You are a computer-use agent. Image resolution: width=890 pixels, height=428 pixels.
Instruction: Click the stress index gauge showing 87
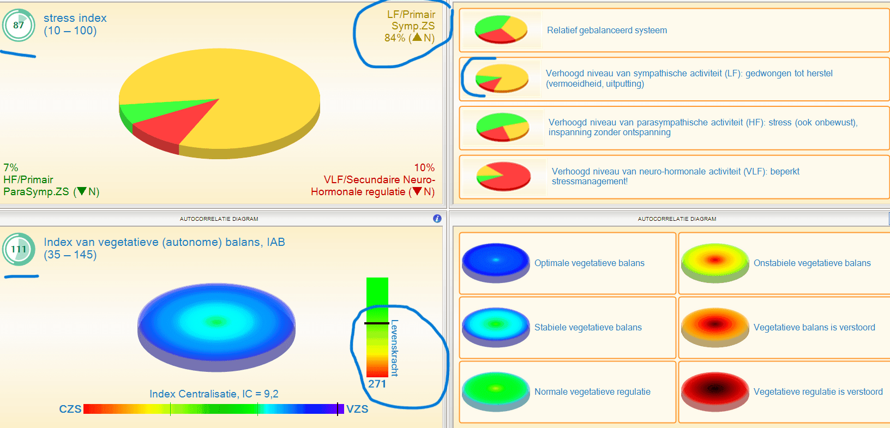[19, 25]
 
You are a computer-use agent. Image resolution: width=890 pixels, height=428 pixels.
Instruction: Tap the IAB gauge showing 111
[19, 249]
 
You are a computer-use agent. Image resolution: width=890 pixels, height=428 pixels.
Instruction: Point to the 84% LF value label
[394, 38]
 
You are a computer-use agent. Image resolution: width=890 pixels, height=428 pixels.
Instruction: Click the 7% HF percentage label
[11, 167]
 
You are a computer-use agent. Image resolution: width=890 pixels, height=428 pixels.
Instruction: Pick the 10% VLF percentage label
[424, 167]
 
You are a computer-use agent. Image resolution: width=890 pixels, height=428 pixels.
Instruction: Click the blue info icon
[437, 219]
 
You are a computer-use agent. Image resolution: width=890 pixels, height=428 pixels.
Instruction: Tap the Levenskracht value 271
[377, 384]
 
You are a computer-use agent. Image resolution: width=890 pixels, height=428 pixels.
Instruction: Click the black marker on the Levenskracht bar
[377, 323]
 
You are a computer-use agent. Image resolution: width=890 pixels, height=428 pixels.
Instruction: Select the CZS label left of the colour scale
[70, 409]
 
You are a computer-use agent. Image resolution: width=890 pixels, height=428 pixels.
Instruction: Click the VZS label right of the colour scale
[357, 409]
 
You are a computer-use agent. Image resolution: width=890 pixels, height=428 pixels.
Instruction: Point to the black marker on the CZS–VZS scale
[338, 409]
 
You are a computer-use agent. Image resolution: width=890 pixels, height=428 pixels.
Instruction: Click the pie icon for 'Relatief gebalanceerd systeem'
[501, 29]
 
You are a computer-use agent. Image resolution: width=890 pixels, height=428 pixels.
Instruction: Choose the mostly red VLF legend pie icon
[503, 177]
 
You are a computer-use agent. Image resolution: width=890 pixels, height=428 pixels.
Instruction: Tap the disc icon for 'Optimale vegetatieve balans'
[496, 263]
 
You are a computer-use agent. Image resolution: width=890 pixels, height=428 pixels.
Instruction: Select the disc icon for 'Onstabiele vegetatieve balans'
[715, 263]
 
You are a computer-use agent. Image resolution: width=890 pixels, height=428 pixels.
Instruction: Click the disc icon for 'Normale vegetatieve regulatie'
[496, 391]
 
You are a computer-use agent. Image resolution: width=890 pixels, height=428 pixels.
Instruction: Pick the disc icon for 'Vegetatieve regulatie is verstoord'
[715, 391]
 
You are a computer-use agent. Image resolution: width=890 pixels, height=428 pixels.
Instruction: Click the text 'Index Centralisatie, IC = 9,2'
[214, 394]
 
